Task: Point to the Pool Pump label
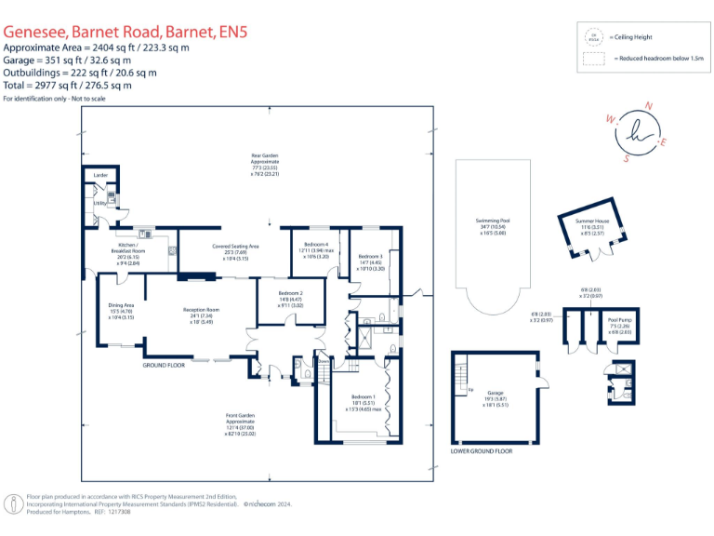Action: tap(619, 321)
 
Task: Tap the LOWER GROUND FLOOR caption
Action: tap(481, 450)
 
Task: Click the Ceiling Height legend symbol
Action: tap(592, 36)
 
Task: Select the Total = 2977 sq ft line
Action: tap(67, 85)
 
